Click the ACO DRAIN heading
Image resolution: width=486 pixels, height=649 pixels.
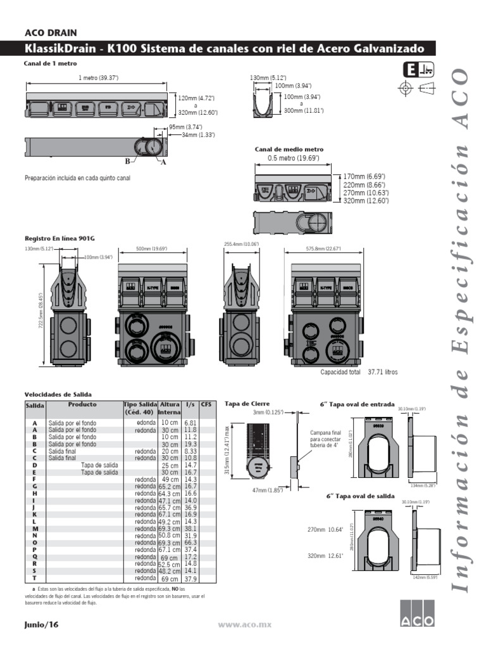coord(51,33)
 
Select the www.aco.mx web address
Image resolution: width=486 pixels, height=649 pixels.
coord(244,624)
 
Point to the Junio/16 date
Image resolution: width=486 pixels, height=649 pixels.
coord(41,624)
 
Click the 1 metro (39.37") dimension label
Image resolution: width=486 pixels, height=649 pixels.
coord(98,77)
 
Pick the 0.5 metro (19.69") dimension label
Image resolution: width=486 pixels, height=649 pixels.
coord(293,158)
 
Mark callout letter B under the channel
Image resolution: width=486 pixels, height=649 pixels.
coord(128,161)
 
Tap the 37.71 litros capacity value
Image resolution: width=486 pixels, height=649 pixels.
coord(383,373)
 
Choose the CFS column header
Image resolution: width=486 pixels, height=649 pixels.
coord(206,404)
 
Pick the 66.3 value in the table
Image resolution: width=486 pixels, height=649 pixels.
coord(190,543)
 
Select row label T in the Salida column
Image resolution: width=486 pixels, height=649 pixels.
coord(35,578)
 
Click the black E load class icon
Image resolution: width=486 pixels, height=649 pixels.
coord(410,70)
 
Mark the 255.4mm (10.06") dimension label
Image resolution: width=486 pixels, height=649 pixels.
coord(240,243)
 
